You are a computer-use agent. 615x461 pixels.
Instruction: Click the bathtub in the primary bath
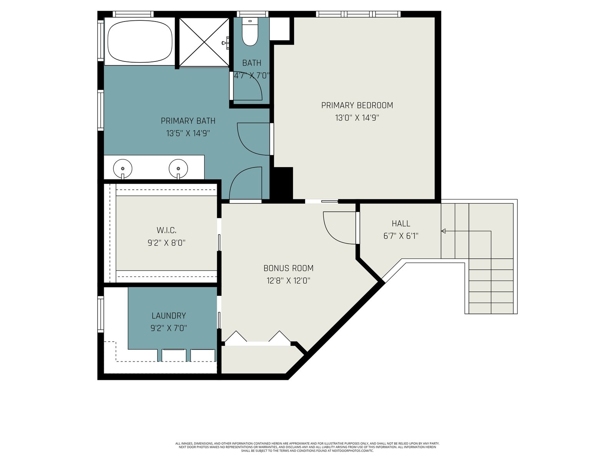pos(140,41)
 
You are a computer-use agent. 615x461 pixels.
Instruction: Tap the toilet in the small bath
pos(250,32)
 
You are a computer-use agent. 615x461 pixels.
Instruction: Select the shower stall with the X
pos(204,42)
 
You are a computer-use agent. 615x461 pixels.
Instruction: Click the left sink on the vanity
pos(123,169)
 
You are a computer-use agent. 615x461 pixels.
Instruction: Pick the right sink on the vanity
pos(178,169)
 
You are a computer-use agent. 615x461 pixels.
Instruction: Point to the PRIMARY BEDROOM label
pos(357,106)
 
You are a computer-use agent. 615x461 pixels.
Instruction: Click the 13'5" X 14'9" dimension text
pos(188,133)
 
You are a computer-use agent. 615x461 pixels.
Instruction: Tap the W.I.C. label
pos(166,230)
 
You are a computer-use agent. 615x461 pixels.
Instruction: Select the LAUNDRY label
pos(169,316)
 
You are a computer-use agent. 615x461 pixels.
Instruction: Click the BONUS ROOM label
pos(288,268)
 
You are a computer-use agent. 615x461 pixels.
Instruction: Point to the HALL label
pos(401,223)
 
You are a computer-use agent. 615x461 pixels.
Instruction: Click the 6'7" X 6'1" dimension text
pos(401,236)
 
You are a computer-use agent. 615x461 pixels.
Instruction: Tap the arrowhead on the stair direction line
pos(443,231)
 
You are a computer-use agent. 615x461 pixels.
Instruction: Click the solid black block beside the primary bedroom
pos(281,183)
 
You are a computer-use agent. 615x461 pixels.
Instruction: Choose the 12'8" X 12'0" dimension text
pos(288,280)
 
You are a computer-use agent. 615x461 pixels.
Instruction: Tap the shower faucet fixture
pos(226,43)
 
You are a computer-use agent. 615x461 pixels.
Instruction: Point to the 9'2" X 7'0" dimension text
pos(169,328)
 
